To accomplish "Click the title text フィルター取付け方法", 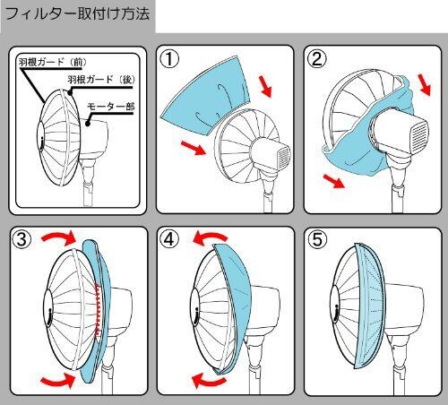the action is coord(78,14).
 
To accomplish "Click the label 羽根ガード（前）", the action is coord(53,62).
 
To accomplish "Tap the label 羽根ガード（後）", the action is coord(101,80).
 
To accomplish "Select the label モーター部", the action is coord(111,107).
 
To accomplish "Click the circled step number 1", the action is coord(169,59).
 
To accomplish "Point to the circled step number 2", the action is coord(317,58).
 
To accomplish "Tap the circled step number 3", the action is coord(22,240).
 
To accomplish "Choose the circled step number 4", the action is coord(169,240).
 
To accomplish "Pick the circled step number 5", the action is coord(317,240).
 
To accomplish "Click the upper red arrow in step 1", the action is coord(265,86).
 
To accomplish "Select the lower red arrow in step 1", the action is coord(194,148).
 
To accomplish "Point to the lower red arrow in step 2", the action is coord(334,181).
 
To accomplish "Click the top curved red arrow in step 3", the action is coord(59,238).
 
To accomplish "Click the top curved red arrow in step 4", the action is coord(210,237).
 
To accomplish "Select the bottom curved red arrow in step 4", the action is coord(209,381).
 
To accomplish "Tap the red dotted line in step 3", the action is coord(98,311).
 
